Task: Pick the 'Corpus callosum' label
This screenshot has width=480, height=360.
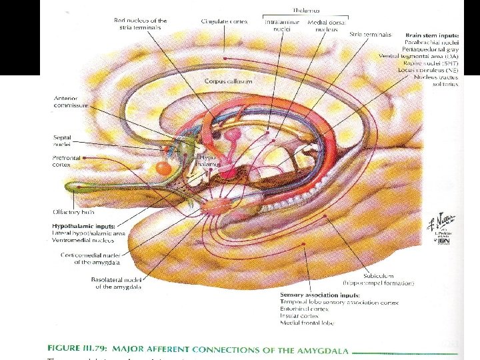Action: click(x=229, y=81)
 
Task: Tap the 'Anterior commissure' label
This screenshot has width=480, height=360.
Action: click(x=71, y=102)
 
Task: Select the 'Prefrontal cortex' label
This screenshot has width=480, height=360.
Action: click(x=67, y=161)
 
